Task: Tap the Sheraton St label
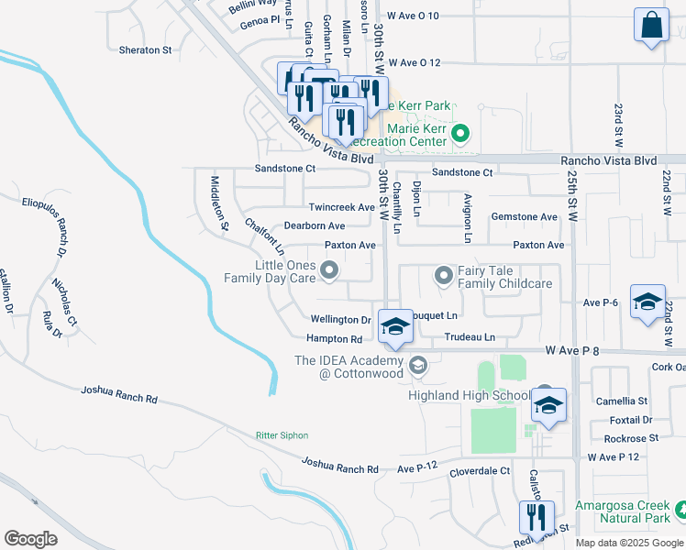145,50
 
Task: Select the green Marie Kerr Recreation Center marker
462,137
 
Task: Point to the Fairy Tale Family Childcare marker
444,275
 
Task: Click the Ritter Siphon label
282,435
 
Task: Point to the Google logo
30,538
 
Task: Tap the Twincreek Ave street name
341,207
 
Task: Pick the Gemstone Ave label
525,217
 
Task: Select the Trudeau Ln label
470,337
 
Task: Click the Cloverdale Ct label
480,471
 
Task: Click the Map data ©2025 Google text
628,543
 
